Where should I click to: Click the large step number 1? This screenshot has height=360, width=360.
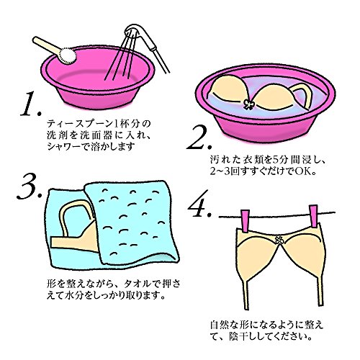31,104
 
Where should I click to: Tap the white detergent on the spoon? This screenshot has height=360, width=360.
68,56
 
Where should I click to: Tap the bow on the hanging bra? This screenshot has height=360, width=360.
279,240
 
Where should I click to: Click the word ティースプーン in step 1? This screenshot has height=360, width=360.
80,124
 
